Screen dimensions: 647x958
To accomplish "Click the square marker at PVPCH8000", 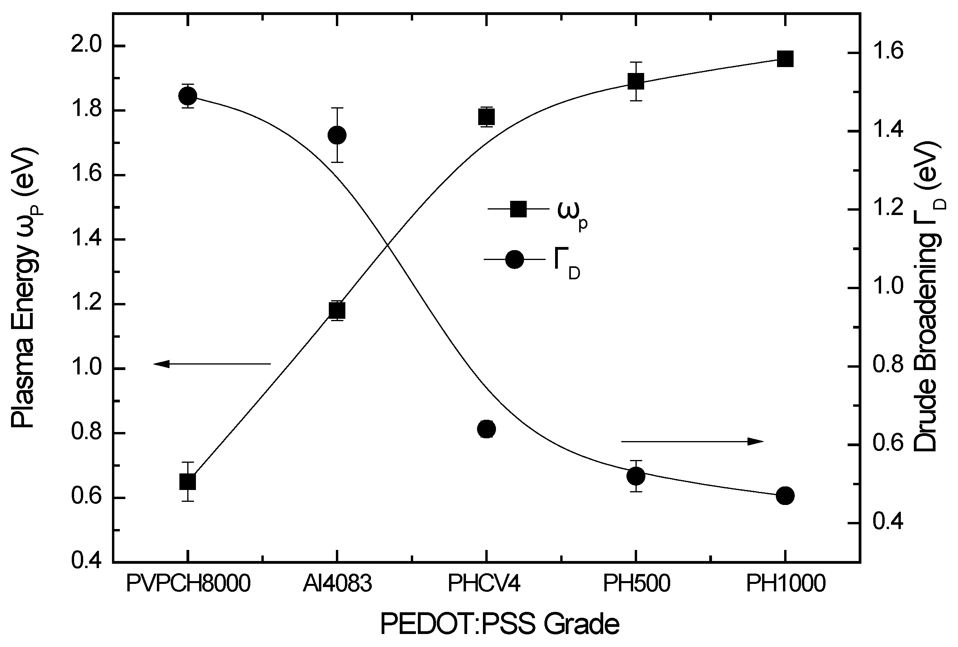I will (x=188, y=481).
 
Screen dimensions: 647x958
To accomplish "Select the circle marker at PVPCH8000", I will (x=188, y=96).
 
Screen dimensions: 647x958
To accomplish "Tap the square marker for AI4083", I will (x=337, y=310).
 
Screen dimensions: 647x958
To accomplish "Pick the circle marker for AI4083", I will (x=337, y=135).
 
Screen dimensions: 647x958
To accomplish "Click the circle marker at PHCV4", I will (x=486, y=429).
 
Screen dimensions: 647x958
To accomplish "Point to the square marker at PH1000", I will (x=785, y=59).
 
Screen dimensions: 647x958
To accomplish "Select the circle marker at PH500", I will (x=636, y=476).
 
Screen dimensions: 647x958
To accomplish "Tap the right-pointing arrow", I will (x=693, y=441).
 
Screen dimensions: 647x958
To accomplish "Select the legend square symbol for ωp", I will (x=518, y=209).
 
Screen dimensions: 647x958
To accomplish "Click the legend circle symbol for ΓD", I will (x=514, y=259).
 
